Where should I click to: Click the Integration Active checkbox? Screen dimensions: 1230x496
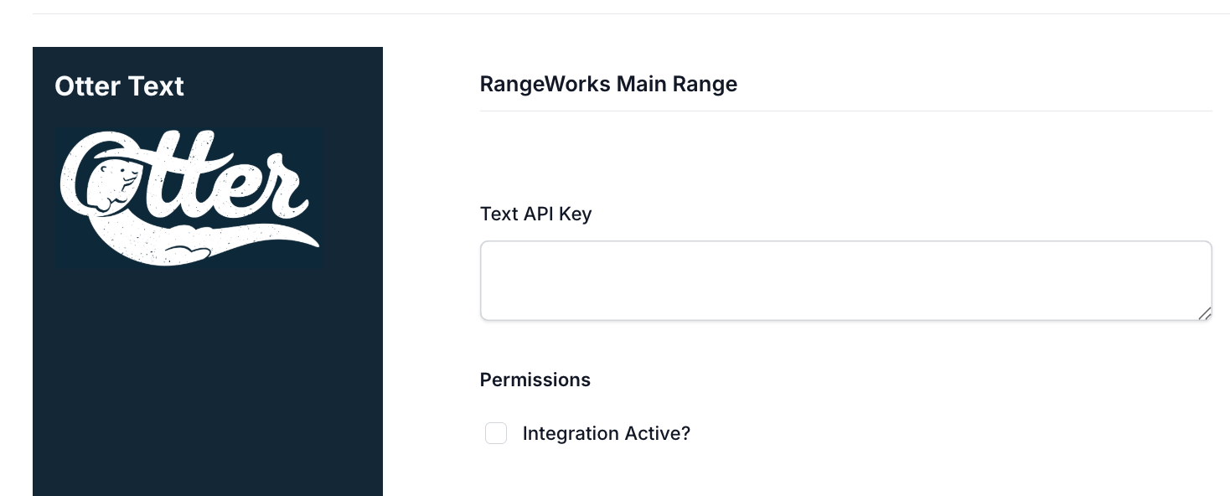(496, 433)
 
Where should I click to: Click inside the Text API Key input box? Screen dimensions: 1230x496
(845, 280)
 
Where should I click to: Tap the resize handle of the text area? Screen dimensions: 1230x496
(1204, 313)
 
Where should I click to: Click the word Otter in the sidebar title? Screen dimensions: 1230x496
(87, 86)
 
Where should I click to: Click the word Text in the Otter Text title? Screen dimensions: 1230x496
(156, 86)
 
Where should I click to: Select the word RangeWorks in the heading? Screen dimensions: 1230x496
(545, 85)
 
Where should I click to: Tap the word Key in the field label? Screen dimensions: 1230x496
(575, 214)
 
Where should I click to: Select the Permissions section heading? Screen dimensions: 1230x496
(535, 380)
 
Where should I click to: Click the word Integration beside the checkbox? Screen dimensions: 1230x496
(570, 434)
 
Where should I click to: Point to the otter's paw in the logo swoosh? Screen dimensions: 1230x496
(188, 253)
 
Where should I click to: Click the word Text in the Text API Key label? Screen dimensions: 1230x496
(499, 214)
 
